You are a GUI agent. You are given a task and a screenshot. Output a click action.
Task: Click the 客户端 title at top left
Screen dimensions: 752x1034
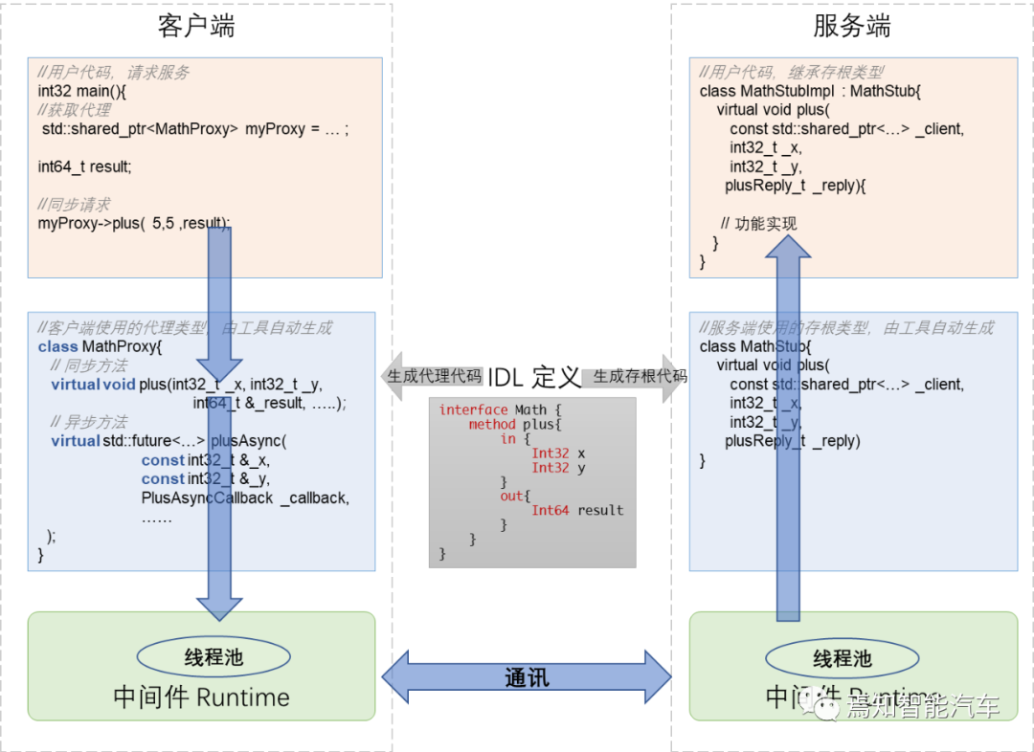coord(196,26)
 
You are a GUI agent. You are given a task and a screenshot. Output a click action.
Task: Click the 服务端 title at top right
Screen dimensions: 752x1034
coord(851,26)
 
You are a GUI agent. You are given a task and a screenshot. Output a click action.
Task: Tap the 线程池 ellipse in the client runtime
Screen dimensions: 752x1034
coord(214,656)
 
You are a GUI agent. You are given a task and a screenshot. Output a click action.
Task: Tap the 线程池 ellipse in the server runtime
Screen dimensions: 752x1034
coord(843,658)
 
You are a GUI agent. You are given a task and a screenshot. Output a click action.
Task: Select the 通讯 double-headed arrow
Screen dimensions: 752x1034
coord(527,677)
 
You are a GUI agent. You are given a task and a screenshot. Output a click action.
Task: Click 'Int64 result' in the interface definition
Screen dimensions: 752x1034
coord(576,510)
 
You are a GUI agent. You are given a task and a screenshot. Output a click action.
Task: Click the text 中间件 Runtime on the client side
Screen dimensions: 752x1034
coord(201,697)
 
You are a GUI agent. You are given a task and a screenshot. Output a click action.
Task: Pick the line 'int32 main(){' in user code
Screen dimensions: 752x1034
coord(82,91)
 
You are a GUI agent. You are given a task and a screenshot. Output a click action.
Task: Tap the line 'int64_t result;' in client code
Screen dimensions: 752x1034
coord(84,166)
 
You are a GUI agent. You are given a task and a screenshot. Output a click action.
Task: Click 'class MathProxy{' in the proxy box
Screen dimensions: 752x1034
coord(101,346)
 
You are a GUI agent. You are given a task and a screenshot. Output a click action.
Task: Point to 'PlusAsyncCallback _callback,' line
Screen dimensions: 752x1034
coord(245,498)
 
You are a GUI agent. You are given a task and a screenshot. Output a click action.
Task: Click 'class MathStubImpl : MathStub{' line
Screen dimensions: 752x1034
coord(809,91)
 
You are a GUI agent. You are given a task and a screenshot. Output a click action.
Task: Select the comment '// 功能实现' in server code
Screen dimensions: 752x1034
coord(758,224)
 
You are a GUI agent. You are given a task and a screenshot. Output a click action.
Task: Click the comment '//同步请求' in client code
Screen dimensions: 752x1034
coord(74,204)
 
